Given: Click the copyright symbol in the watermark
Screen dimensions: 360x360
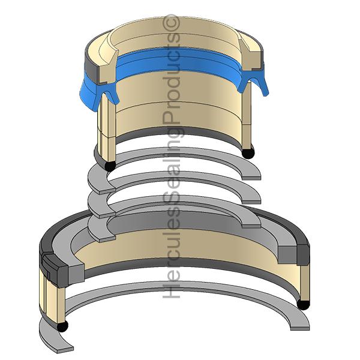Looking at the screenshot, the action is point(171,23).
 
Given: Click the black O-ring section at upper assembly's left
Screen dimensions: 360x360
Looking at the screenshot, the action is point(110,166).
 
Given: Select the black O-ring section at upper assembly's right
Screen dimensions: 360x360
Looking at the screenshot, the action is point(248,153).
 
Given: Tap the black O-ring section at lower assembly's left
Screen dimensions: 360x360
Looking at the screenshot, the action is point(62,326).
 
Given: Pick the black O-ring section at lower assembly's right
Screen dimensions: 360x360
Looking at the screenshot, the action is point(303,304).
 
